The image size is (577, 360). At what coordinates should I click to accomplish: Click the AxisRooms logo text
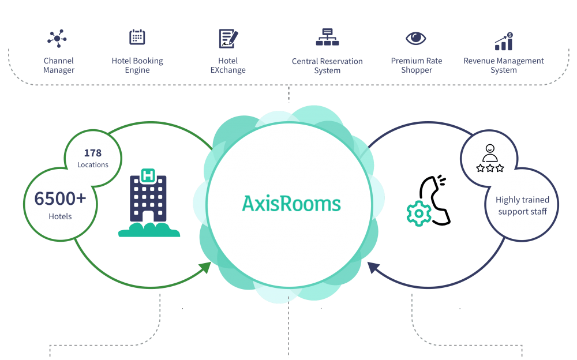291,204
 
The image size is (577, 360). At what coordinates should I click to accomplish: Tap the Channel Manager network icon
57,38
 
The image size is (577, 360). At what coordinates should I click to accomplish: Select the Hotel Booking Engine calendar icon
137,37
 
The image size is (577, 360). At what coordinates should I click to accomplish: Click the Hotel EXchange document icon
228,39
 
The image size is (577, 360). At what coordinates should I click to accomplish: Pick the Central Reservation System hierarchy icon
327,37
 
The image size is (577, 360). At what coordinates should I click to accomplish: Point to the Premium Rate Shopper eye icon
415,39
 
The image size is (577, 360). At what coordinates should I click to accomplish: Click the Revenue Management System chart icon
504,40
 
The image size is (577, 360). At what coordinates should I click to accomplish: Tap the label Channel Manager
58,65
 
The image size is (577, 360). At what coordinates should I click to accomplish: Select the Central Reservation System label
327,66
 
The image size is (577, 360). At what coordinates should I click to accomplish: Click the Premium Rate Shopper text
417,65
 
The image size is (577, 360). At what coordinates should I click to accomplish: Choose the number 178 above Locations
92,153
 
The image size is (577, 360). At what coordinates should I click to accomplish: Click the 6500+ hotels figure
60,198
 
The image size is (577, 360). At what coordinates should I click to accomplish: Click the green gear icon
418,213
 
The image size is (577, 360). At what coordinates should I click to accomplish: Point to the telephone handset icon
436,200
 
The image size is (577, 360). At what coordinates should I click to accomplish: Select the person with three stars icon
490,159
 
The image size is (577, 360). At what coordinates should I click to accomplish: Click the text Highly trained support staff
522,205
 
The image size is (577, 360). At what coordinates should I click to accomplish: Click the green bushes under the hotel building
149,230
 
